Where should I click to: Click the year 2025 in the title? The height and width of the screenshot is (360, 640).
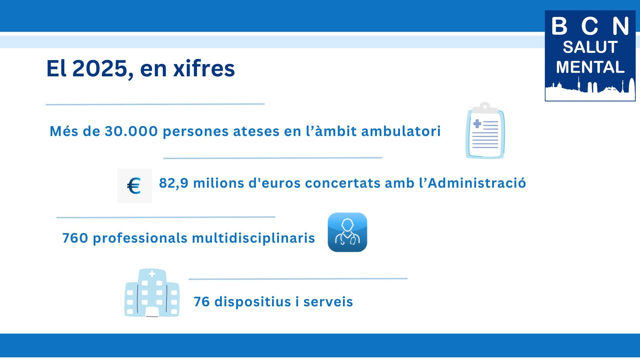[x=100, y=69]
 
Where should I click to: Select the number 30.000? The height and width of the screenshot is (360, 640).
[x=131, y=131]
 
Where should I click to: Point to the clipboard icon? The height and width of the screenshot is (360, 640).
[x=485, y=130]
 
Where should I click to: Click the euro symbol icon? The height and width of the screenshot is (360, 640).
[x=134, y=186]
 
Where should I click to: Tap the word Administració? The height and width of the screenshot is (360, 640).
[x=477, y=183]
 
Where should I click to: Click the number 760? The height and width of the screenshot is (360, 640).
[x=75, y=238]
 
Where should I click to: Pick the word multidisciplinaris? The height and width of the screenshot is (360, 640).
[x=253, y=238]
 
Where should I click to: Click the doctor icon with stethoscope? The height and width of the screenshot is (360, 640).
[x=347, y=232]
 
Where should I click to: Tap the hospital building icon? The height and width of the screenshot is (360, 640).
[x=152, y=293]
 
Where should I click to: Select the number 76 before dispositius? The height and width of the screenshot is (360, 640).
[x=202, y=302]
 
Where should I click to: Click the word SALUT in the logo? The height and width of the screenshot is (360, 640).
[x=590, y=47]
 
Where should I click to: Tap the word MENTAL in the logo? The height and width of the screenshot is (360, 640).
[x=590, y=67]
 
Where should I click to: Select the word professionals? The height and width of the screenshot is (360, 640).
[x=140, y=238]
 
